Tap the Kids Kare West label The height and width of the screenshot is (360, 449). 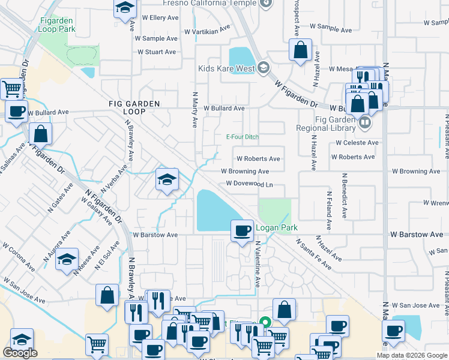click(226, 68)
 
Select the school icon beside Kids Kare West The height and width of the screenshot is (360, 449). click(263, 67)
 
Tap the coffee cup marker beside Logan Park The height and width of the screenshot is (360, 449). click(243, 231)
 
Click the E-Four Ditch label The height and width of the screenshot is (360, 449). click(242, 137)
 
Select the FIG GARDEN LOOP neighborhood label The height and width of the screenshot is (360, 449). click(134, 108)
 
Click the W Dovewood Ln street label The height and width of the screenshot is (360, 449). click(249, 184)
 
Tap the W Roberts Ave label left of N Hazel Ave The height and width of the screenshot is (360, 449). click(258, 159)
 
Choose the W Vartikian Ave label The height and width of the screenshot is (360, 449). click(207, 29)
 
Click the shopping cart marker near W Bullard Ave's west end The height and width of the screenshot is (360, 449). click(12, 89)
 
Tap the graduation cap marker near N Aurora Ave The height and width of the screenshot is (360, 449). click(67, 259)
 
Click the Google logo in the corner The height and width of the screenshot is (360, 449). click(20, 353)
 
